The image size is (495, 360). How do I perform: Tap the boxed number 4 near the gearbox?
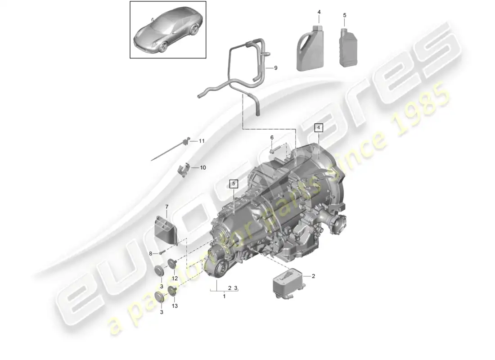tap(319, 128)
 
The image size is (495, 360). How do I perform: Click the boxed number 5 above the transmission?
tap(234, 184)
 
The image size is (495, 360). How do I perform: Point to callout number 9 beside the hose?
tap(275, 68)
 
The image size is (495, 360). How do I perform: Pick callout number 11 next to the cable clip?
tap(202, 141)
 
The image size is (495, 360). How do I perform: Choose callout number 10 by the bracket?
tap(202, 167)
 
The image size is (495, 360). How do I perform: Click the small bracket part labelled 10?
tap(183, 170)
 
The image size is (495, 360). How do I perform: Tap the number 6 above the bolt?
tap(272, 138)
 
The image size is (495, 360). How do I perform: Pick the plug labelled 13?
tap(172, 291)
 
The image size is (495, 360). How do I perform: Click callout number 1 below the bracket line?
tap(224, 297)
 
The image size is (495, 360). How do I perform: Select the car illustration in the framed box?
tap(168, 30)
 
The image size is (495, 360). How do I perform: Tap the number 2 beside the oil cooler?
tap(313, 276)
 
